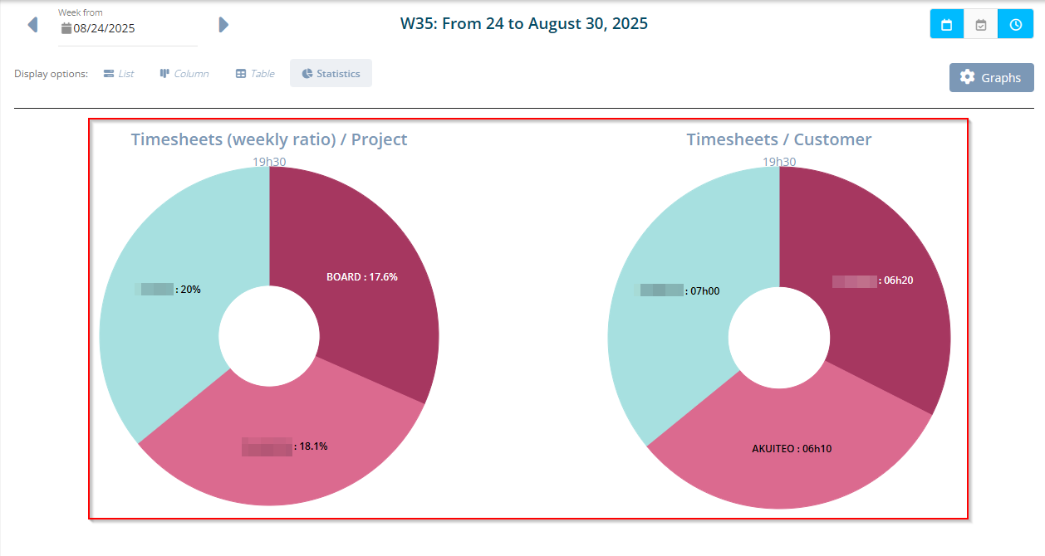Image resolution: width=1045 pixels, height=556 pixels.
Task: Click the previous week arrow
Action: pos(32,25)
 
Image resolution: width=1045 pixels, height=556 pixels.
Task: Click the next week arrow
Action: pos(223,25)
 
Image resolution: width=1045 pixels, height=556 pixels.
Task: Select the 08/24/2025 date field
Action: pos(104,28)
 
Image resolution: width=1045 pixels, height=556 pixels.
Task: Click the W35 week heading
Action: pos(523,23)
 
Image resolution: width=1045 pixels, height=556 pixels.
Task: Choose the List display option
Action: pos(118,74)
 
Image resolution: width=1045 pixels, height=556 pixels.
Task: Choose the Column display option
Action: pos(184,74)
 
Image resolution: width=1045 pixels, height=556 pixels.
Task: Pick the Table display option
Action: pos(255,74)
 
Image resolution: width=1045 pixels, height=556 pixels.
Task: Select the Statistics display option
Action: pos(331,74)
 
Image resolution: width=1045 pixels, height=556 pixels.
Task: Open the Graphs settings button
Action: pos(991,77)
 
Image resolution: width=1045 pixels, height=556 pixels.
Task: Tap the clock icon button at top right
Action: pos(1015,25)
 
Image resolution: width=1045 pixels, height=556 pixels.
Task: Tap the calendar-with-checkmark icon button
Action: pos(980,25)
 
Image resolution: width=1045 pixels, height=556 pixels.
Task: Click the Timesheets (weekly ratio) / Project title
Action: pos(269,139)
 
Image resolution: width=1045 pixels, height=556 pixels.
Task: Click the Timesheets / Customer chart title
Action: pos(778,139)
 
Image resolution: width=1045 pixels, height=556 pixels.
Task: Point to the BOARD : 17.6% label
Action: pos(361,277)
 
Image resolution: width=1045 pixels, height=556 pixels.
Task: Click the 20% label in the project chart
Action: pos(189,290)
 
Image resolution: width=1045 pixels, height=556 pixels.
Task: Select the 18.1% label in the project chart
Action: pos(312,446)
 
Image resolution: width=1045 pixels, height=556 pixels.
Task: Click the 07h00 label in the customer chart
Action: pos(704,290)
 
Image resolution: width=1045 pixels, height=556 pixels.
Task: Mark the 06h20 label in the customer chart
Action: pos(897,280)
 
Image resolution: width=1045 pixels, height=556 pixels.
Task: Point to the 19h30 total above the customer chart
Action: pos(779,162)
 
